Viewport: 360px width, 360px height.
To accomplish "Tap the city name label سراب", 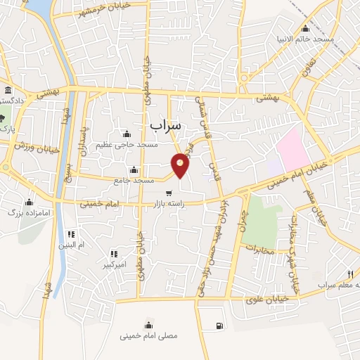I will click(x=165, y=124).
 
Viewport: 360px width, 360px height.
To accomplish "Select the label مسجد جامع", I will click(x=134, y=180).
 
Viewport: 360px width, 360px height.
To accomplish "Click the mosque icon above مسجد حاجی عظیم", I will click(x=127, y=134).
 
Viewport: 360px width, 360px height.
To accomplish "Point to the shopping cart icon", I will click(x=169, y=193).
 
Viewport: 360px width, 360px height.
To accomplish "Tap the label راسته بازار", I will click(x=169, y=205).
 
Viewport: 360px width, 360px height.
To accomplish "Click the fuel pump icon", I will click(x=220, y=325).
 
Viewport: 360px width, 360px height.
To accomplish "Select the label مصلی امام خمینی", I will click(x=150, y=336).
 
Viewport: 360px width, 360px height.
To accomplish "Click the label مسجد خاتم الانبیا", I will click(x=305, y=39).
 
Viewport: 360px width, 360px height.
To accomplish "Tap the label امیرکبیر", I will click(x=113, y=266).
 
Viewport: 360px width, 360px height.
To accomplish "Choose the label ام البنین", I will click(x=71, y=245).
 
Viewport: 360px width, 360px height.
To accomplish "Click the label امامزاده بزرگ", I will click(x=25, y=211).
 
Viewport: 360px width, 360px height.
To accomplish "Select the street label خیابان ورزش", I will click(x=31, y=145).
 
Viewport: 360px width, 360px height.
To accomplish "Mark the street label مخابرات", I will click(x=262, y=247).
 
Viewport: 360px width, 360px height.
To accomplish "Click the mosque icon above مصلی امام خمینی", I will click(x=149, y=324).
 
